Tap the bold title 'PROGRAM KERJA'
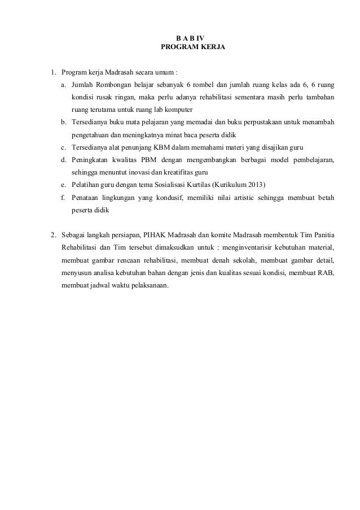(193, 48)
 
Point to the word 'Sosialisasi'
(166, 185)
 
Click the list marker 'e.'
(64, 185)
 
